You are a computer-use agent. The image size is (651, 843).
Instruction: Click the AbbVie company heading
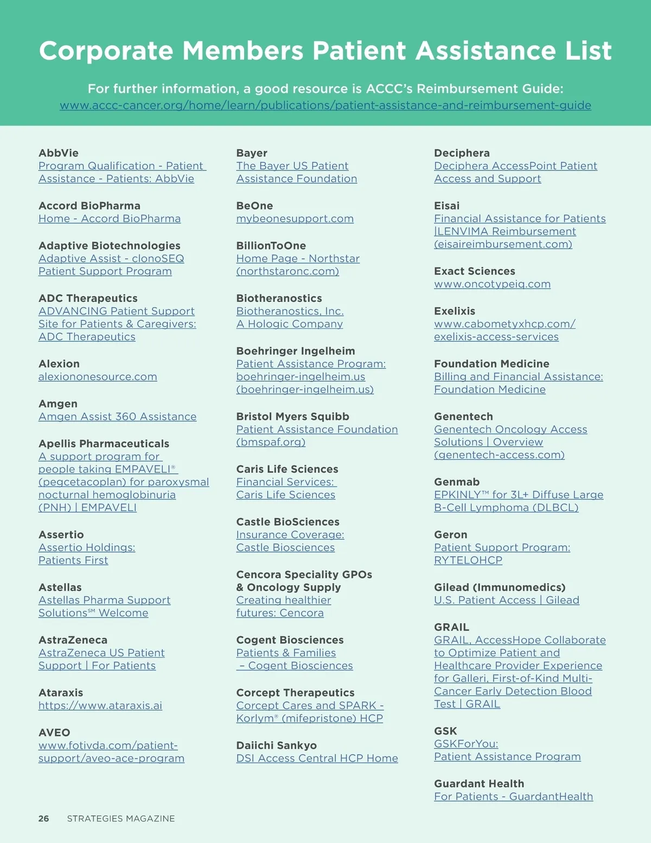59,153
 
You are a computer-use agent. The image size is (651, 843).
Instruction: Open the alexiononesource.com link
98,377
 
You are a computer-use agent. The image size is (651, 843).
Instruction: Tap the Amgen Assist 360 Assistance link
117,417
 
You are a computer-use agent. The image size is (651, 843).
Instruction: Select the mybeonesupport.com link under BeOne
295,219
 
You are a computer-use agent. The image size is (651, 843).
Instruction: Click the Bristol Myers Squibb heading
292,417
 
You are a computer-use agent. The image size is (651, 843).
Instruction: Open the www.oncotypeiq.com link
492,284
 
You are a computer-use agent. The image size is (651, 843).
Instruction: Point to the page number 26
43,819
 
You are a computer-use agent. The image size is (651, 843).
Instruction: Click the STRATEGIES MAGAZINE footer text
121,819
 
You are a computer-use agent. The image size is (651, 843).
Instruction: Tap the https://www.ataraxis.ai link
100,706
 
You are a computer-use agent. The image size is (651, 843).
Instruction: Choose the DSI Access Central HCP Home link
317,758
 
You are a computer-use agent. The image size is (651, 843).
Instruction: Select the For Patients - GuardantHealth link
513,797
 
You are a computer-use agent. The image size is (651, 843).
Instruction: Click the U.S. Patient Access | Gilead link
507,600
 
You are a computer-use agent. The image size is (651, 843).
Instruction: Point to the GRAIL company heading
451,628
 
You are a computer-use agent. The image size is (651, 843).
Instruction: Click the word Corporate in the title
105,51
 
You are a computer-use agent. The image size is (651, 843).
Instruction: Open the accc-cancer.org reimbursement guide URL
325,105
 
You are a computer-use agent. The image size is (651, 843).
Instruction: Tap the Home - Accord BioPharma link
110,219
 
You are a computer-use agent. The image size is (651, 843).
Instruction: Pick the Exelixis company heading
455,312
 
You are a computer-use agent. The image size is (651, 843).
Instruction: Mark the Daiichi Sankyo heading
276,746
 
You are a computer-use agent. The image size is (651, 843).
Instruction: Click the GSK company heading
445,731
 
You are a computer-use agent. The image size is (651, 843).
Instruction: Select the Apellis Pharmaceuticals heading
104,444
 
